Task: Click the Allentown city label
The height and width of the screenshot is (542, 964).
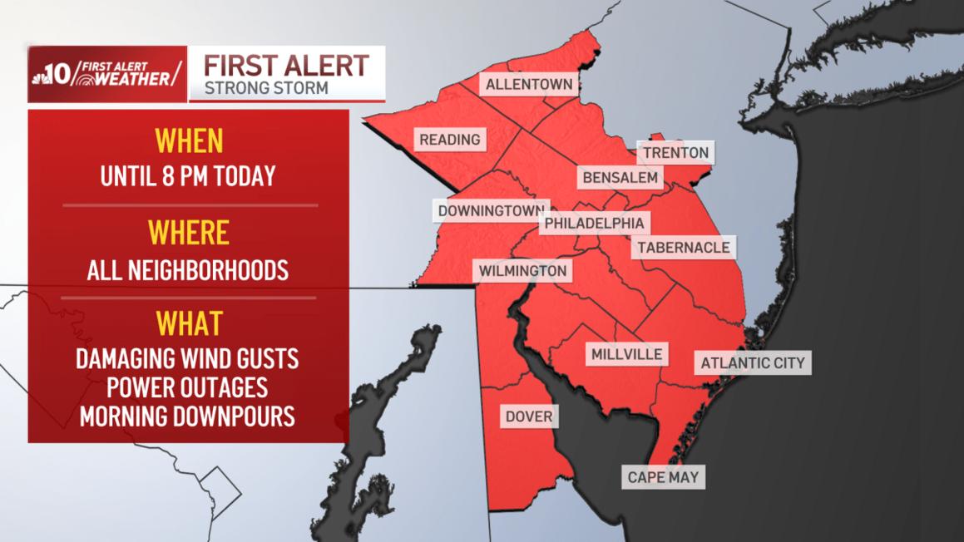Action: [x=529, y=84]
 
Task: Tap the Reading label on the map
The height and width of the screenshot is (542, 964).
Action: [x=449, y=140]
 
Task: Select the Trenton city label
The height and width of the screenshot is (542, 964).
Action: [x=675, y=152]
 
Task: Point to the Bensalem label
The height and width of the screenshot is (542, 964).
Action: [x=620, y=177]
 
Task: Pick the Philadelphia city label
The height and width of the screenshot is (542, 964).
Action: [x=594, y=223]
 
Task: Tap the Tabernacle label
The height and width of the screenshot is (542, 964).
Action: [x=684, y=247]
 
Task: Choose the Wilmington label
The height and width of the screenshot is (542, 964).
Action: [x=522, y=271]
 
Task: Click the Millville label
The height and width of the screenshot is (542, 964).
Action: [x=627, y=354]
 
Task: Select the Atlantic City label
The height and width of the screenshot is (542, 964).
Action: [x=752, y=362]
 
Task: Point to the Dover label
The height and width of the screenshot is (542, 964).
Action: [x=529, y=416]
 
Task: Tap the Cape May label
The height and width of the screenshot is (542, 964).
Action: [x=664, y=477]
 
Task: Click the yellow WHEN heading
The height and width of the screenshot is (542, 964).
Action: [x=190, y=141]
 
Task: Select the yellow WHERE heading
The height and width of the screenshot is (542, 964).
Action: [x=189, y=233]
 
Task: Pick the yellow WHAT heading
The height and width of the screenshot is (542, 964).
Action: [x=189, y=323]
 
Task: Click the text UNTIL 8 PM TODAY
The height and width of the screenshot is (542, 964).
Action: [x=188, y=177]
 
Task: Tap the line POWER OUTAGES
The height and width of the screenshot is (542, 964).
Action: [x=187, y=388]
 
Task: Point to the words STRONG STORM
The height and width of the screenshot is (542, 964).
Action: [x=265, y=86]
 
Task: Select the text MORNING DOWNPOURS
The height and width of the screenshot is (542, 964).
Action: [x=187, y=416]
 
